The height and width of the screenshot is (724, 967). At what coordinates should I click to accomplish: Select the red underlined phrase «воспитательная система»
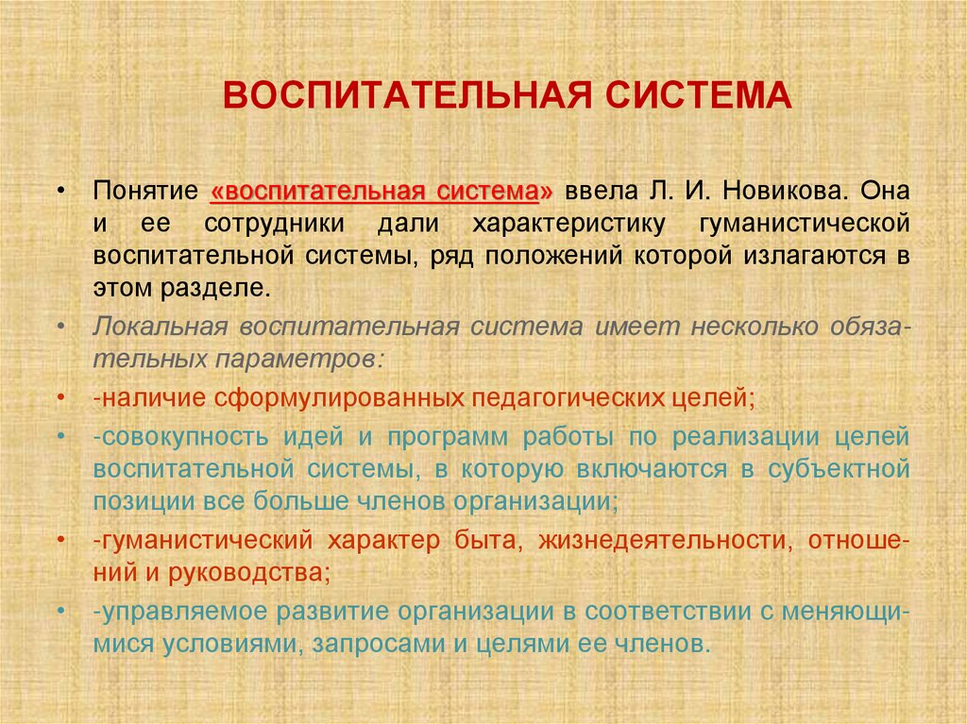point(383,190)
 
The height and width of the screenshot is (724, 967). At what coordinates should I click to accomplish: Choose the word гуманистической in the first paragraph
point(804,224)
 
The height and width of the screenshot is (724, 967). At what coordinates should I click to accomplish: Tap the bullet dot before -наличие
point(61,397)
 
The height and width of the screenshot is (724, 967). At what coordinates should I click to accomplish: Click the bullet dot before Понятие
point(61,190)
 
